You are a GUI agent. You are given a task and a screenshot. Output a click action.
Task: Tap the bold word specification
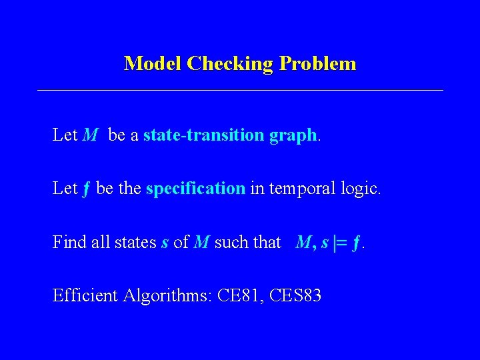(x=195, y=189)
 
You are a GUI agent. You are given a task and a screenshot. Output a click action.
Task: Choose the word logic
(x=359, y=189)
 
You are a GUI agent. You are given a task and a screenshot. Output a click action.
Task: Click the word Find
(x=67, y=242)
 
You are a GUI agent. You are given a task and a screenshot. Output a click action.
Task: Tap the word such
(x=231, y=242)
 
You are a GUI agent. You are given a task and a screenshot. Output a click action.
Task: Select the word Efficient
(x=86, y=295)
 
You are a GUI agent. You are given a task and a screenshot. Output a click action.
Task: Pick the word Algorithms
(x=171, y=296)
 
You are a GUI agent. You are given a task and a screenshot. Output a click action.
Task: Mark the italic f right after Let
(x=87, y=189)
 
